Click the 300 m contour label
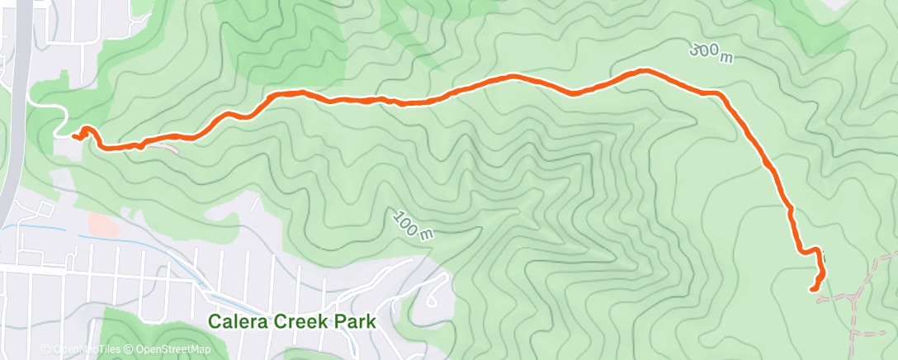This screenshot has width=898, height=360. [711, 53]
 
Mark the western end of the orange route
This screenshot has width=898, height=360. [74, 136]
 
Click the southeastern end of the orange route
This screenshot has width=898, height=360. [812, 289]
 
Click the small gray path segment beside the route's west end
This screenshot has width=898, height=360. [168, 148]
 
